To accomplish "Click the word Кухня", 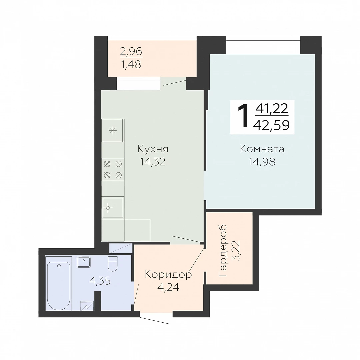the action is click(x=153, y=149).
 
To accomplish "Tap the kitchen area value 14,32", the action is click(x=153, y=162).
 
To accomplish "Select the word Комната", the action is click(x=262, y=149).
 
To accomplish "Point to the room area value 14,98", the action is click(x=262, y=162).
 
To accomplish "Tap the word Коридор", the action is click(x=168, y=275).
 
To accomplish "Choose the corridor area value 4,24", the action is click(x=168, y=287).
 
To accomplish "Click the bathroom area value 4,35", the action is click(x=100, y=281).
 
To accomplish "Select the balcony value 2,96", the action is click(x=131, y=51).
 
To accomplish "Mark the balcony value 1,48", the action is click(x=131, y=65).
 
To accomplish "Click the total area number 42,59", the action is click(x=271, y=125).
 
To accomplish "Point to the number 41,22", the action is click(x=272, y=109).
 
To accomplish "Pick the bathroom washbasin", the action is click(x=84, y=262).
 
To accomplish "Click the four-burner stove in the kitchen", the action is click(x=113, y=170).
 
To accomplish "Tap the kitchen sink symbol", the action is click(x=113, y=208).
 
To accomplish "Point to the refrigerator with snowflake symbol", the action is click(x=113, y=130).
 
